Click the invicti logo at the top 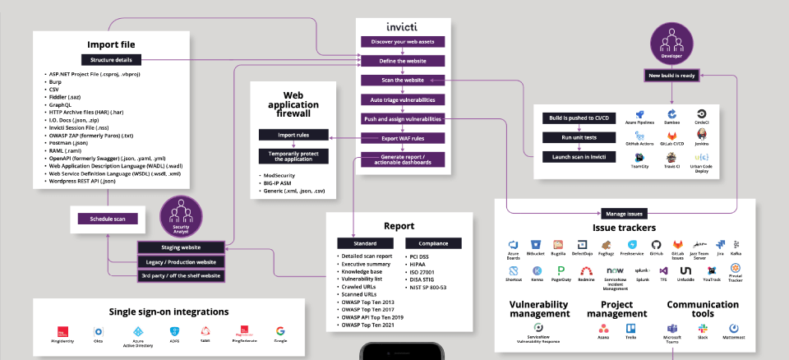pos(403,26)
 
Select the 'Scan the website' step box pos(403,81)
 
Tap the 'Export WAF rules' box pos(403,138)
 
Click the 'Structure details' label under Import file pos(111,59)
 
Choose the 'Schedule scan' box pos(107,219)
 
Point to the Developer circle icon pos(673,39)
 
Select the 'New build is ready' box pos(673,76)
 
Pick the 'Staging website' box pos(180,247)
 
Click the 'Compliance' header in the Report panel pos(433,244)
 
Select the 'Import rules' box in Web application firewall pos(293,135)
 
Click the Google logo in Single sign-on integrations pos(280,331)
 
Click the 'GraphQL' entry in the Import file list pos(59,106)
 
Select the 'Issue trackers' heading pos(624,227)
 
